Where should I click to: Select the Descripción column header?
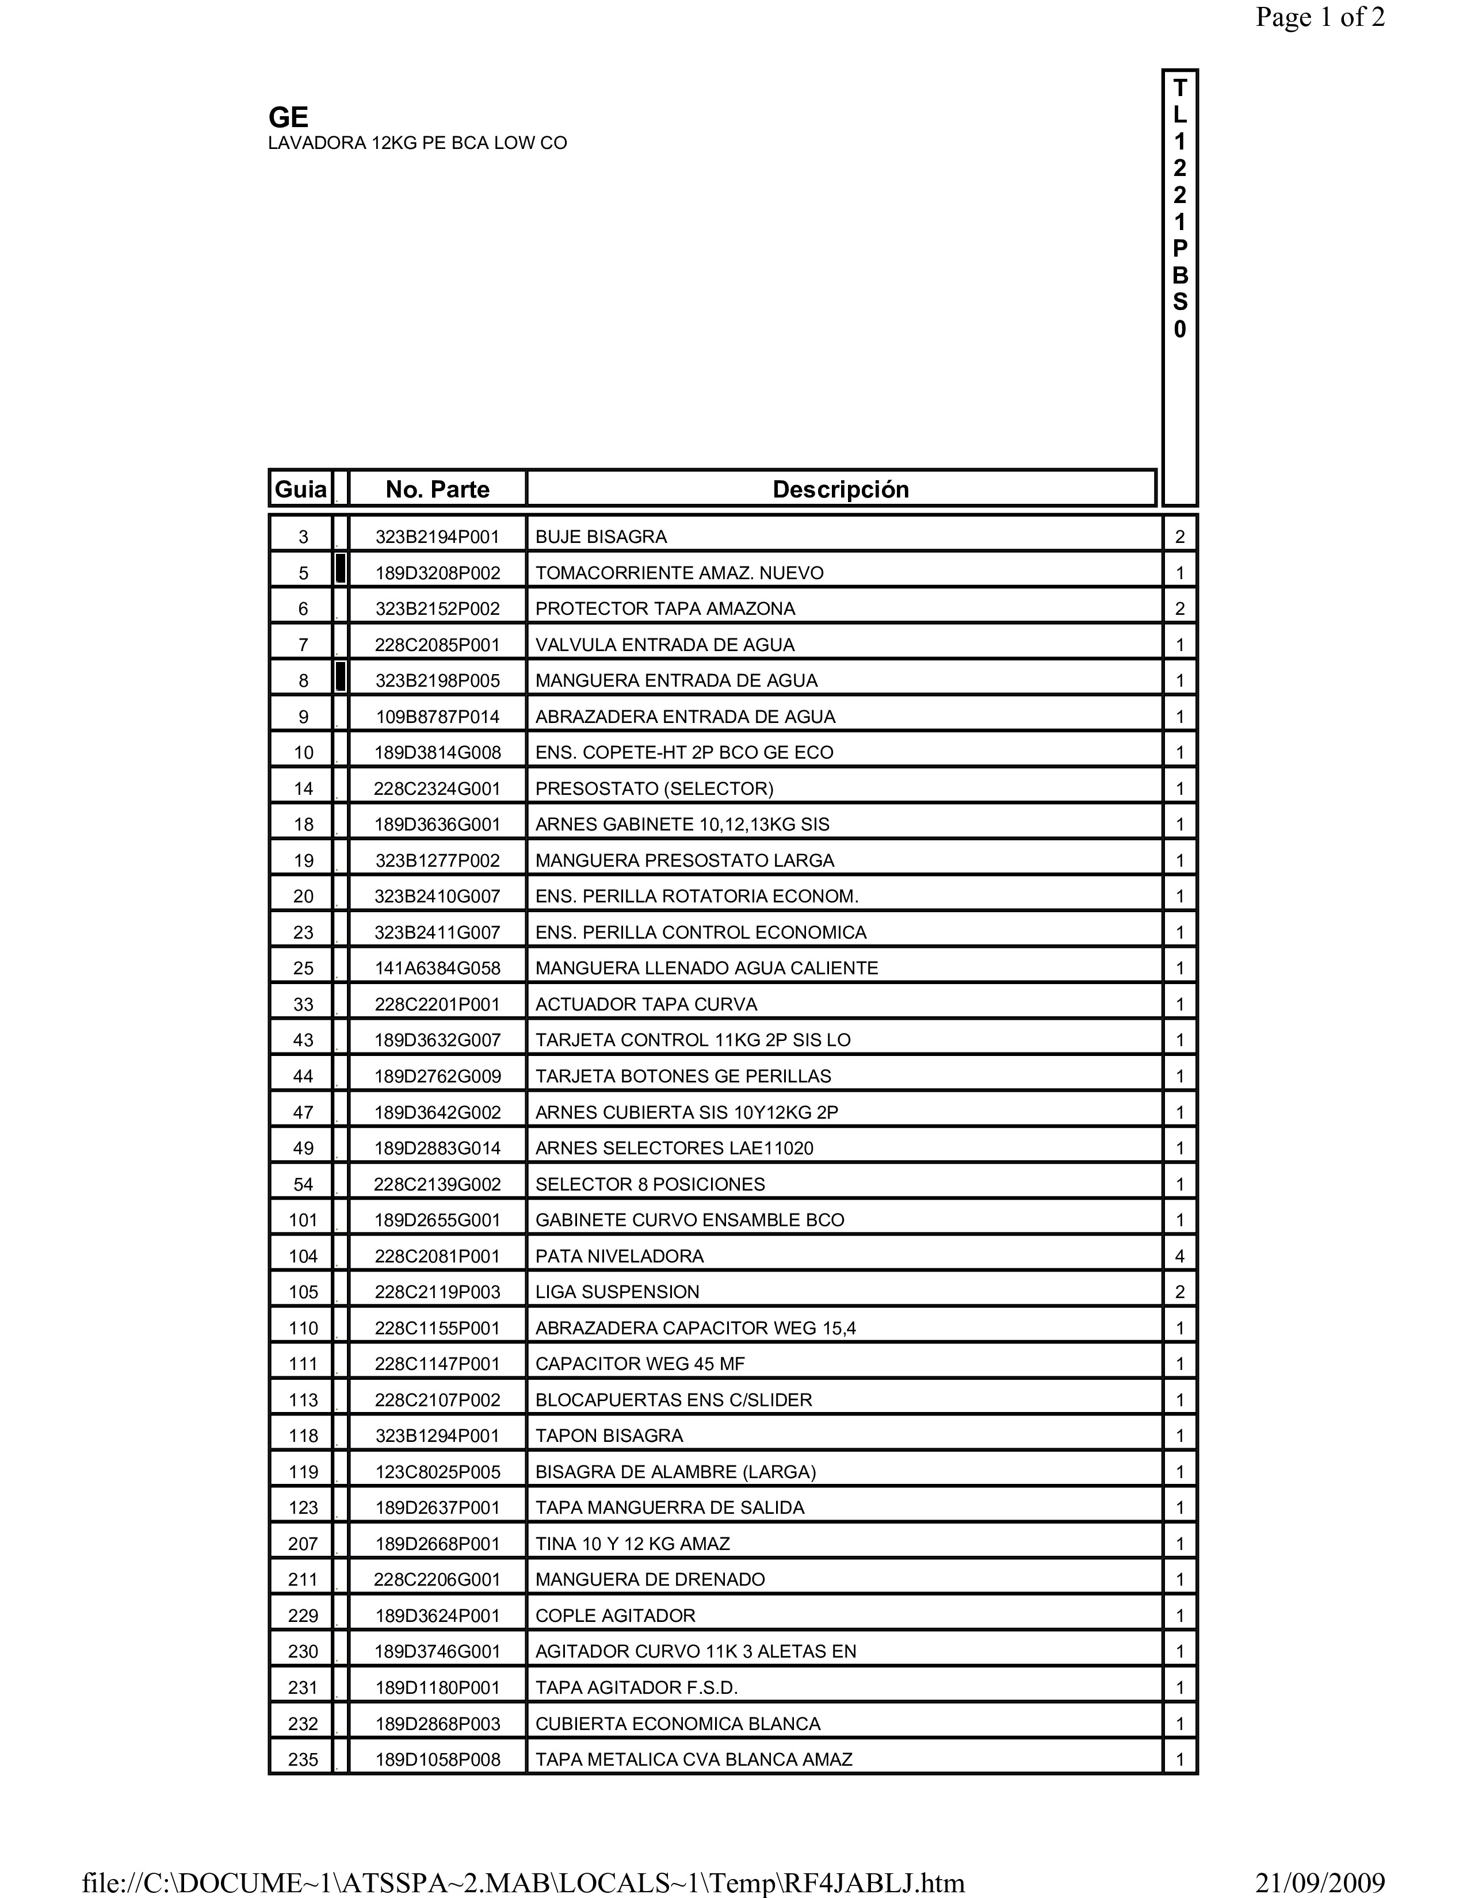pyautogui.click(x=841, y=489)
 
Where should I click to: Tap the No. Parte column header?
pyautogui.click(x=437, y=489)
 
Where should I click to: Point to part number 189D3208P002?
pyautogui.click(x=437, y=573)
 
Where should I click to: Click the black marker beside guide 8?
pyautogui.click(x=341, y=677)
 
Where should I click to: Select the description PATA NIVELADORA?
pyautogui.click(x=619, y=1256)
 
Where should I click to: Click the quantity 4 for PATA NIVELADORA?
pyautogui.click(x=1179, y=1256)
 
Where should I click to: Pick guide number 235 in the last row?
pyautogui.click(x=303, y=1760)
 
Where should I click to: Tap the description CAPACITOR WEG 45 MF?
pyautogui.click(x=640, y=1364)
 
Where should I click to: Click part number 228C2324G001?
pyautogui.click(x=437, y=788)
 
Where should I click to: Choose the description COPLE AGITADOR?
pyautogui.click(x=616, y=1616)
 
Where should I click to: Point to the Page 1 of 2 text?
pyautogui.click(x=1319, y=17)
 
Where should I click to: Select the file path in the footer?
pyautogui.click(x=523, y=1882)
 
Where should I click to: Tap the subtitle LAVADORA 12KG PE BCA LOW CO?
pyautogui.click(x=417, y=143)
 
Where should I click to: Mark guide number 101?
pyautogui.click(x=303, y=1220)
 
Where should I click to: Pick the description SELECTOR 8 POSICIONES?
pyautogui.click(x=650, y=1184)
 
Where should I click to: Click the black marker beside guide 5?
pyautogui.click(x=341, y=569)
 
